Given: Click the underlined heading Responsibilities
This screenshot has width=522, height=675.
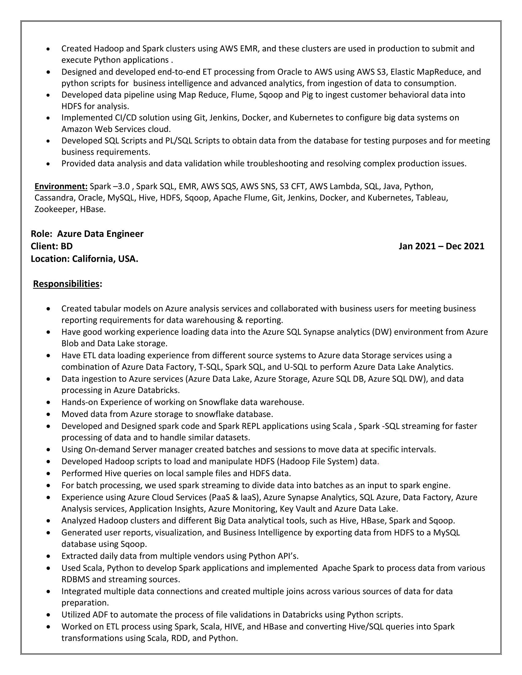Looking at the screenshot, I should coord(66,284).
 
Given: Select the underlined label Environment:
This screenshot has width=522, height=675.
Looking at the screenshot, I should coord(61,186).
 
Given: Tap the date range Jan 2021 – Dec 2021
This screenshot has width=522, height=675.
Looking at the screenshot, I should coord(441,246).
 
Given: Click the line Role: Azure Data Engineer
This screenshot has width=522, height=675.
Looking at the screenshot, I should coord(87,234).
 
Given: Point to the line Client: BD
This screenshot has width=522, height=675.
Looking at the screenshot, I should coord(52,246).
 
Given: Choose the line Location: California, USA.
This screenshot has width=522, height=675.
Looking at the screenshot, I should coord(84,259).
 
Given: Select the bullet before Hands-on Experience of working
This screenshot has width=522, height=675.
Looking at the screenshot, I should coord(48,403).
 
